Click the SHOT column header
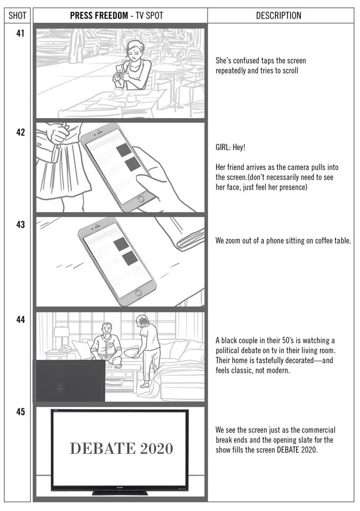tap(17, 15)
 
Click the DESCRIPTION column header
tap(278, 15)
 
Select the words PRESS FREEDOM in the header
tap(99, 15)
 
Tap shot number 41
tap(21, 38)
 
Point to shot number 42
tap(21, 132)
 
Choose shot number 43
tap(21, 225)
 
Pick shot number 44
tap(21, 320)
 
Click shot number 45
tap(21, 412)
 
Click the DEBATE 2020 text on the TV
tap(121, 449)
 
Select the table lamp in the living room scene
tap(62, 335)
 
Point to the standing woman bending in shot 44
tap(148, 344)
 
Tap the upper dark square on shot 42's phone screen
tap(124, 150)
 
